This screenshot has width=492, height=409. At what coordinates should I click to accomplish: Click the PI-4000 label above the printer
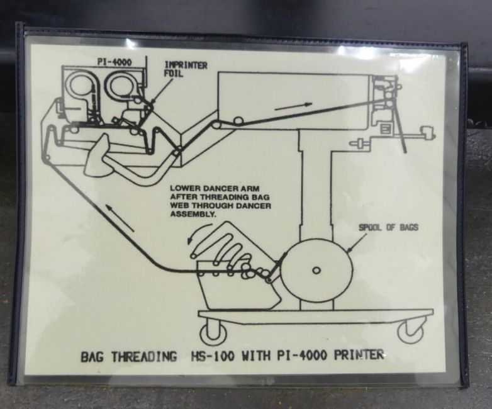pyautogui.click(x=115, y=62)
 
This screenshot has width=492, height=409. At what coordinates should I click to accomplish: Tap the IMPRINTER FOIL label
pyautogui.click(x=186, y=69)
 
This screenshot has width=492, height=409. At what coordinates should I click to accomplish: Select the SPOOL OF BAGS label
pyautogui.click(x=388, y=227)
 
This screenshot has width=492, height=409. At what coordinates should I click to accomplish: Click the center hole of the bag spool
pyautogui.click(x=316, y=271)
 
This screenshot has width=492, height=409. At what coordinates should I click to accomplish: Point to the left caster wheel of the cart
pyautogui.click(x=214, y=333)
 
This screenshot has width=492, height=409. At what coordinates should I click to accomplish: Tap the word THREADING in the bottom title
pyautogui.click(x=144, y=357)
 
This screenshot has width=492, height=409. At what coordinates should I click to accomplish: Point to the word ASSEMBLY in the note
pyautogui.click(x=193, y=215)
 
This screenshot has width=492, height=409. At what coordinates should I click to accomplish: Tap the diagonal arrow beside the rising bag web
pyautogui.click(x=120, y=218)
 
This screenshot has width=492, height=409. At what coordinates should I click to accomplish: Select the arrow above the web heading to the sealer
pyautogui.click(x=293, y=106)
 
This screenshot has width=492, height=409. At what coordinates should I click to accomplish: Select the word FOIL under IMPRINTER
pyautogui.click(x=174, y=74)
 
